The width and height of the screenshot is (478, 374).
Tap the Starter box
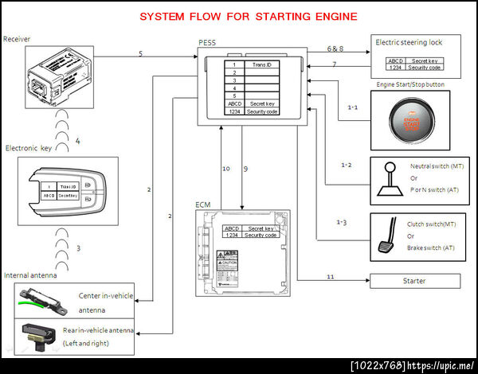(x=413, y=281)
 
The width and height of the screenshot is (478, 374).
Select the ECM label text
(x=202, y=205)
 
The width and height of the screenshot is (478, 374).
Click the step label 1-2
(x=346, y=165)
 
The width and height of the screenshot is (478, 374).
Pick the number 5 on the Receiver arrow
(x=140, y=53)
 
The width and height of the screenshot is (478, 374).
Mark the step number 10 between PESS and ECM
(x=225, y=169)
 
